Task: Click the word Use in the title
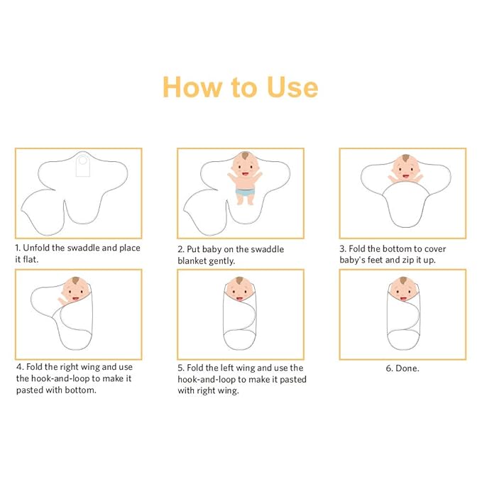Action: [292, 87]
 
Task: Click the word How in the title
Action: [192, 87]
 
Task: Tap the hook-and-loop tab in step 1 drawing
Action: [83, 165]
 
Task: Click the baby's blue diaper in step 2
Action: [246, 192]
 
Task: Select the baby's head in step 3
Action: [405, 168]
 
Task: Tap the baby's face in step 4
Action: [76, 290]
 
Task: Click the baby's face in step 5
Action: [239, 289]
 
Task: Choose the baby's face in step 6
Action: [403, 289]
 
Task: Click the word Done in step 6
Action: [407, 368]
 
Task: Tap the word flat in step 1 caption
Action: [31, 259]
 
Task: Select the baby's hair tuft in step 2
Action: [245, 155]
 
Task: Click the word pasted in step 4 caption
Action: [30, 390]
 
